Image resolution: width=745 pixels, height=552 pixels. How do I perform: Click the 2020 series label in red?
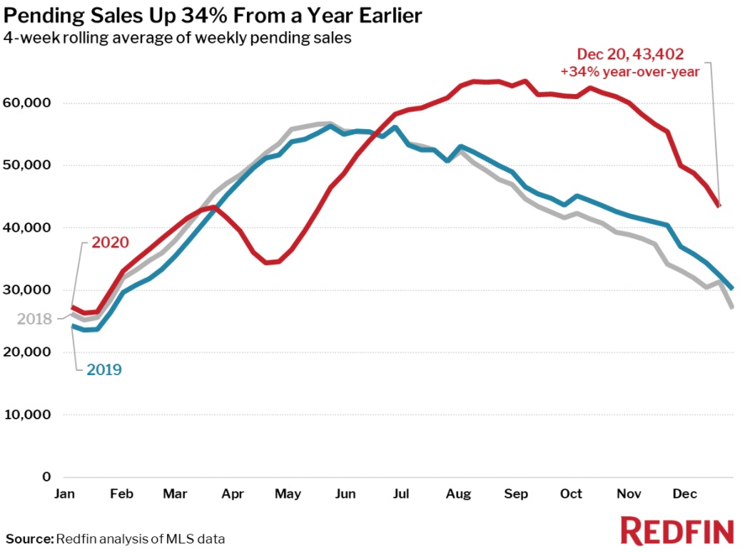point(110,242)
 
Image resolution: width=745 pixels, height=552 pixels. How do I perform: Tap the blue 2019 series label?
point(104,369)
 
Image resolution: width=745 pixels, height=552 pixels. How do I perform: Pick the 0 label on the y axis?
point(46,476)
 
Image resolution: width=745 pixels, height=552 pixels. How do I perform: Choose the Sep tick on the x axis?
point(515,494)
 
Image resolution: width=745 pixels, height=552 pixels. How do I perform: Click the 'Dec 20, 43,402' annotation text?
point(631,53)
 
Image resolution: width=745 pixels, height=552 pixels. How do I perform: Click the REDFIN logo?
point(677,532)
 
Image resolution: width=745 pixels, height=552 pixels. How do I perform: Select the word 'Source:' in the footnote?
point(30,538)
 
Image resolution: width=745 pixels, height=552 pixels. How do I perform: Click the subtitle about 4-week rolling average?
point(178,38)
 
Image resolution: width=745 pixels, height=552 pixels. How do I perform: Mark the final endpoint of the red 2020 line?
point(719,205)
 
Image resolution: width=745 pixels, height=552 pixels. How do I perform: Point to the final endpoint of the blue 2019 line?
point(733,288)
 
